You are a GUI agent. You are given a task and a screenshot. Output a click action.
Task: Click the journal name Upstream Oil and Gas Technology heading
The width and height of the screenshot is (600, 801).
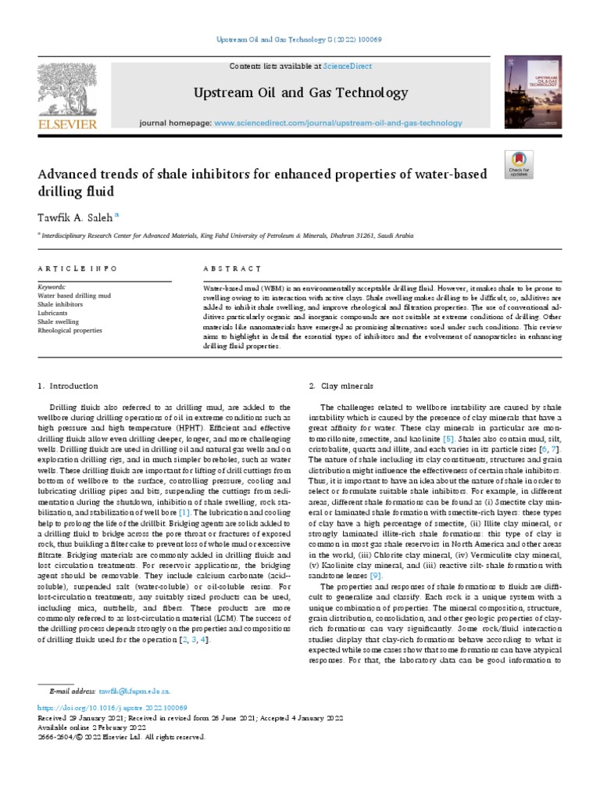301,93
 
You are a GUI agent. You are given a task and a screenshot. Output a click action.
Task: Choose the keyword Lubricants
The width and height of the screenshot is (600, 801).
53,313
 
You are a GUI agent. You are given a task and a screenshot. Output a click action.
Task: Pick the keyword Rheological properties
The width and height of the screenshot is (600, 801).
70,330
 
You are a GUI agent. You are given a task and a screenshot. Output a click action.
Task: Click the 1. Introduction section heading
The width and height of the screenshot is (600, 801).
68,386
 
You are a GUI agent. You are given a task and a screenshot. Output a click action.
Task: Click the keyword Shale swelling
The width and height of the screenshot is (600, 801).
58,321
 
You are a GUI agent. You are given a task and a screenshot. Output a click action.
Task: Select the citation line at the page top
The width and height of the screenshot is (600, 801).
300,39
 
